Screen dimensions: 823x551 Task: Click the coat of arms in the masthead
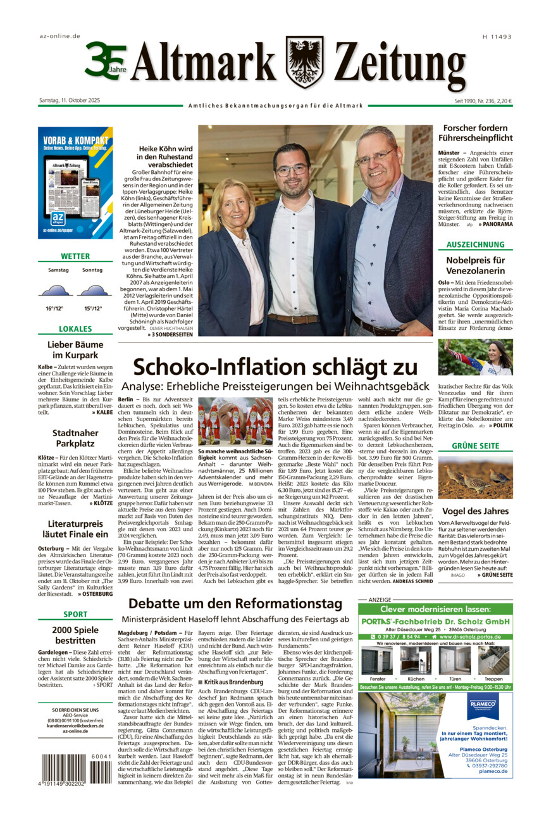coord(304,61)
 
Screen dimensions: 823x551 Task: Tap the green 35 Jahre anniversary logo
coord(106,61)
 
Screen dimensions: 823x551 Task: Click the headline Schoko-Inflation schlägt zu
coord(275,367)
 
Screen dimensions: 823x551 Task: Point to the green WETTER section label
coord(75,256)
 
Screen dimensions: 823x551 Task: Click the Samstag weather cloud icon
coord(54,291)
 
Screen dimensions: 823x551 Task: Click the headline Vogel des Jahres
coord(475,511)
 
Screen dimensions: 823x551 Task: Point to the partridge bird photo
coord(475,477)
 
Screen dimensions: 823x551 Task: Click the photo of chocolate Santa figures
coord(235,421)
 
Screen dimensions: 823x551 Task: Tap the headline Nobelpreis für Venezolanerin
coord(475,265)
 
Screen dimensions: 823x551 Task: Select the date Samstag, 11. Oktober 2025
coord(69,100)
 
